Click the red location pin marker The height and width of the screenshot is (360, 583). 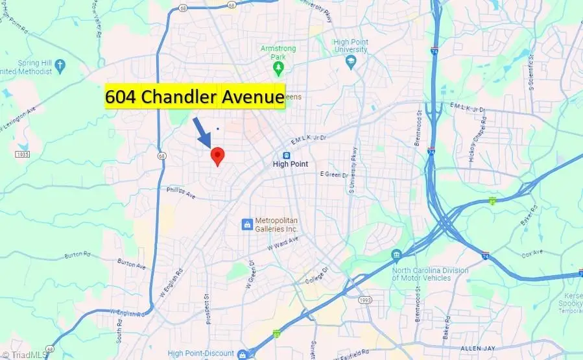click(x=218, y=156)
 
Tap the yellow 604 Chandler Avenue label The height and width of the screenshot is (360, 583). click(x=195, y=97)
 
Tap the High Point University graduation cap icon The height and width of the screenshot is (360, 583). click(x=351, y=60)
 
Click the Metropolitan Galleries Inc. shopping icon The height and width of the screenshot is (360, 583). click(x=246, y=224)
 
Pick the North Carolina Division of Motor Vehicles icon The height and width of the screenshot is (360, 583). click(x=396, y=254)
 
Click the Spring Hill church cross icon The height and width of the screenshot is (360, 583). click(x=60, y=66)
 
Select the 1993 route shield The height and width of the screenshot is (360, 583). click(x=366, y=300)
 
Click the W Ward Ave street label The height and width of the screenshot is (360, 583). click(x=283, y=245)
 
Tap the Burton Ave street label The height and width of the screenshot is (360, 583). click(x=128, y=263)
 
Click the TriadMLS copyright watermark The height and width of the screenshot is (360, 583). click(x=20, y=354)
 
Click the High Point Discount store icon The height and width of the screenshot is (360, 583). click(x=242, y=354)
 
